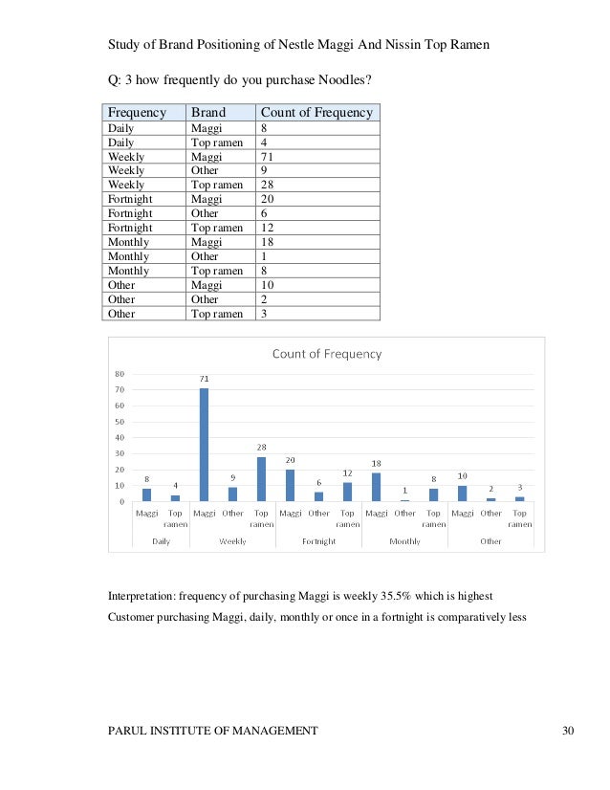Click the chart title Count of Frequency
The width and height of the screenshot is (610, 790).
point(327,354)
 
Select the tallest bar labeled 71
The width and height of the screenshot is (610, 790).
point(204,444)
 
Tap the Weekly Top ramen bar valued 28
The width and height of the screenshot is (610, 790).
point(261,478)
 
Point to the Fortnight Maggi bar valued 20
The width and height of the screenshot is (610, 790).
point(290,485)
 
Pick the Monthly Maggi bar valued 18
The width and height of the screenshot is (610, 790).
point(376,487)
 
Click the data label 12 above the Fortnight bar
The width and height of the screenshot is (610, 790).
point(348,473)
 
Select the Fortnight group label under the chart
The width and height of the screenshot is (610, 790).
point(318,541)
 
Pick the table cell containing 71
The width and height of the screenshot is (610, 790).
point(268,156)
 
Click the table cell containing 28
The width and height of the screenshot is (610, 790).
point(268,185)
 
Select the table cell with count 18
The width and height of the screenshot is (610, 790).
point(268,242)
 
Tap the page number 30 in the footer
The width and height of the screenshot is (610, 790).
point(569,732)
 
